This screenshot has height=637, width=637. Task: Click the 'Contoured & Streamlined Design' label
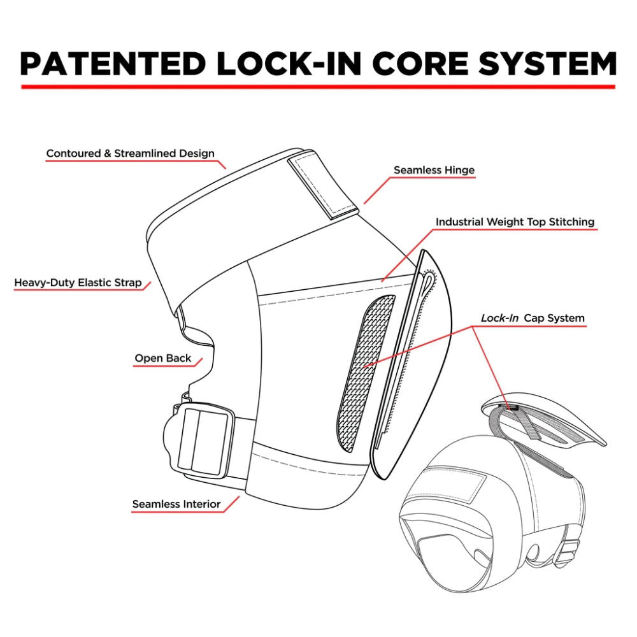[130, 154]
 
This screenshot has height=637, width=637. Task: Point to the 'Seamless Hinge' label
[434, 170]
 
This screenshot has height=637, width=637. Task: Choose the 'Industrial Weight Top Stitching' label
[515, 222]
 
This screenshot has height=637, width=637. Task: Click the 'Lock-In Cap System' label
[533, 318]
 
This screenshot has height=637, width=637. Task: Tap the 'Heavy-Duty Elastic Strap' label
[78, 282]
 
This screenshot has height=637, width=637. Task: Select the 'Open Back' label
[162, 358]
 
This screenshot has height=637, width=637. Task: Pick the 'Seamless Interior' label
[176, 504]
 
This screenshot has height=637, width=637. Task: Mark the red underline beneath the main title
[318, 86]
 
